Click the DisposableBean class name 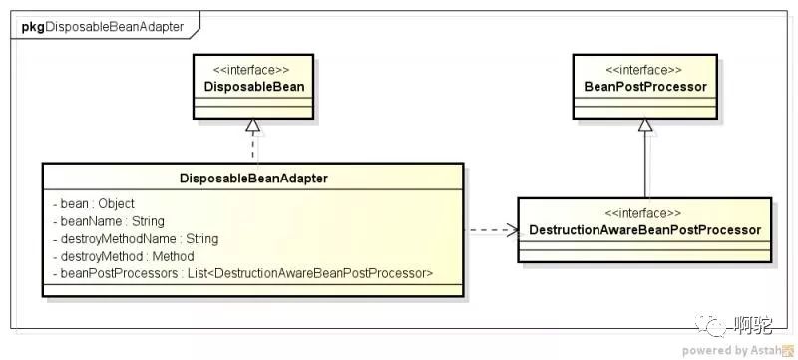pyautogui.click(x=254, y=87)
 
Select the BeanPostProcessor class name pyautogui.click(x=645, y=87)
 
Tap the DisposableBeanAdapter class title pyautogui.click(x=253, y=179)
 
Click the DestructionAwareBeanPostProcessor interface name pyautogui.click(x=644, y=230)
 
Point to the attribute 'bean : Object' pyautogui.click(x=93, y=203)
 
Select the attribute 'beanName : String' pyautogui.click(x=108, y=221)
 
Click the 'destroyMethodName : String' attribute pyautogui.click(x=136, y=239)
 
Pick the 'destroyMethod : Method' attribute pyautogui.click(x=123, y=256)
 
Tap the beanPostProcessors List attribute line pyautogui.click(x=242, y=273)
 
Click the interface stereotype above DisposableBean pyautogui.click(x=254, y=70)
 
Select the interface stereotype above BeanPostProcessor pyautogui.click(x=644, y=70)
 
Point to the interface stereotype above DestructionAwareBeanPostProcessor pyautogui.click(x=643, y=213)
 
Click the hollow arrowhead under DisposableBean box pyautogui.click(x=253, y=126)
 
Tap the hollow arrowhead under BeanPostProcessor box pyautogui.click(x=645, y=126)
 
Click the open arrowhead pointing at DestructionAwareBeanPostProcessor pyautogui.click(x=511, y=230)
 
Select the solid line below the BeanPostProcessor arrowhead pyautogui.click(x=645, y=165)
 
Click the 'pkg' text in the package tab pyautogui.click(x=33, y=27)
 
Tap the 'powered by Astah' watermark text pyautogui.click(x=732, y=350)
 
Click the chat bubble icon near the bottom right pyautogui.click(x=711, y=324)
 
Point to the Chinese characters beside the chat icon pyautogui.click(x=753, y=324)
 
